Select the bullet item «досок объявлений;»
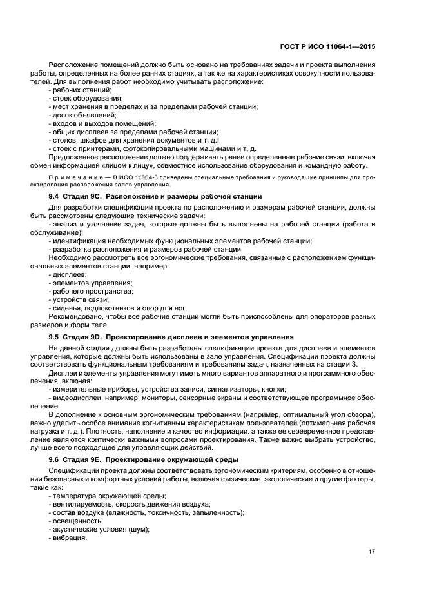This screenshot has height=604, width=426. click(x=84, y=115)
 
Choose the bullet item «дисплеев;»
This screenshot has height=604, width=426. click(x=71, y=274)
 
